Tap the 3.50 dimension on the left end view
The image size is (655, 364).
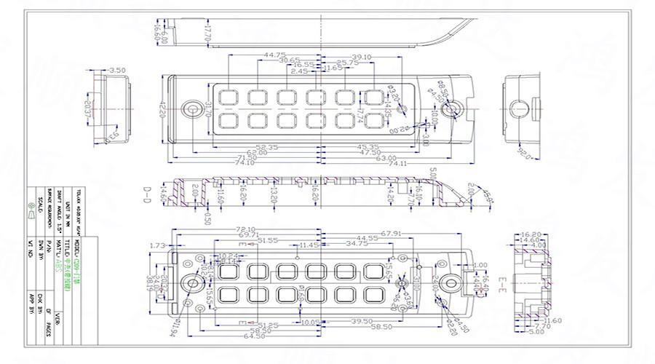tap(115, 71)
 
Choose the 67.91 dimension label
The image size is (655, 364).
tap(391, 233)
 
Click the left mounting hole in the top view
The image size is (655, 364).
tap(193, 108)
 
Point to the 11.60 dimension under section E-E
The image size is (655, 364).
tap(552, 320)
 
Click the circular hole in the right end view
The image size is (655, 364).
tap(520, 108)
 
